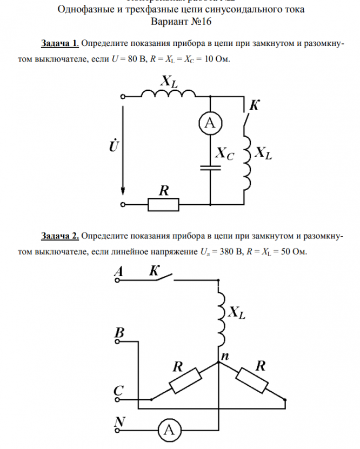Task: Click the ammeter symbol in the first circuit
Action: pyautogui.click(x=209, y=124)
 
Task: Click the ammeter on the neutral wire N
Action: pyautogui.click(x=169, y=430)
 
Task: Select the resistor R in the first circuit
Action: pyautogui.click(x=163, y=205)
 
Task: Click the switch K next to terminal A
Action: pyautogui.click(x=157, y=278)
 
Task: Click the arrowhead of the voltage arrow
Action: pyautogui.click(x=124, y=191)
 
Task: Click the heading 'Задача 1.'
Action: pyautogui.click(x=61, y=43)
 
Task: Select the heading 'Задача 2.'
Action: pyautogui.click(x=61, y=236)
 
